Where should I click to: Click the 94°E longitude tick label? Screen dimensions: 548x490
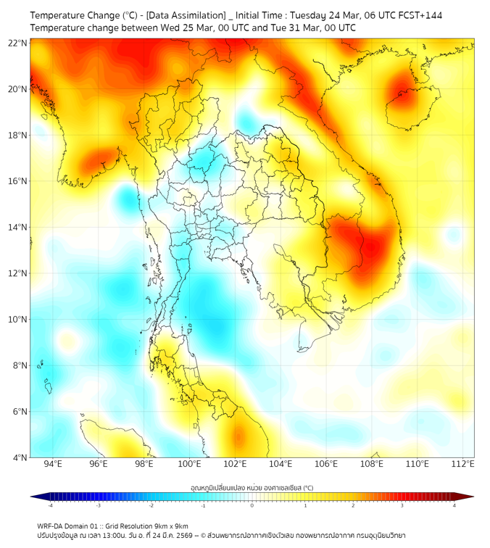53,464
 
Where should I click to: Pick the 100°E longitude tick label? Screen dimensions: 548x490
189,464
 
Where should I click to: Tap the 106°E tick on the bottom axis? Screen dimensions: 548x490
326,464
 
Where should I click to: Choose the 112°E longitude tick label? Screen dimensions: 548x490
462,464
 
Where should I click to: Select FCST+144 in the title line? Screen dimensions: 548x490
421,15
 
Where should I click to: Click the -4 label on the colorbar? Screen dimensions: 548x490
50,505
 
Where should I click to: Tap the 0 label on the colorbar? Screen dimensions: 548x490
252,505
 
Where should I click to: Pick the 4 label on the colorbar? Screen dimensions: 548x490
454,505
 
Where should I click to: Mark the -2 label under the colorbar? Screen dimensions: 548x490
151,505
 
